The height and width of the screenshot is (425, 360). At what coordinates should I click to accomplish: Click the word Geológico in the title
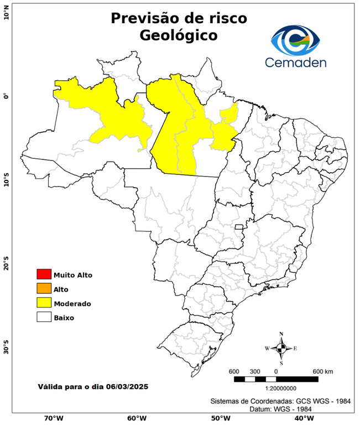pyautogui.click(x=179, y=35)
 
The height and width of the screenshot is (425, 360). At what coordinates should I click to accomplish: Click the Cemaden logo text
pyautogui.click(x=295, y=62)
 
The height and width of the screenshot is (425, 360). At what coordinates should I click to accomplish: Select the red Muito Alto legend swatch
pyautogui.click(x=44, y=274)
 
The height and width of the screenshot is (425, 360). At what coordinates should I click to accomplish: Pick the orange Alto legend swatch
pyautogui.click(x=44, y=289)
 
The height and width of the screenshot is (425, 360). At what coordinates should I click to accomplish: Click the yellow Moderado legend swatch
pyautogui.click(x=44, y=303)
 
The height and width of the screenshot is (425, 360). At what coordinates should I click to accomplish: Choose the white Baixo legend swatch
pyautogui.click(x=44, y=318)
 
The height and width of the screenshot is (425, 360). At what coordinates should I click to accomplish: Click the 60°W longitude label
pyautogui.click(x=137, y=418)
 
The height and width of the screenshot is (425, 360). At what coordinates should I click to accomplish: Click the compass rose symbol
pyautogui.click(x=281, y=348)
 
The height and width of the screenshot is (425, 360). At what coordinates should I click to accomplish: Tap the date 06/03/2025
pyautogui.click(x=128, y=386)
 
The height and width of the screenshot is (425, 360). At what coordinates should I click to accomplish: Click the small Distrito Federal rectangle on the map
pyautogui.click(x=239, y=227)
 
